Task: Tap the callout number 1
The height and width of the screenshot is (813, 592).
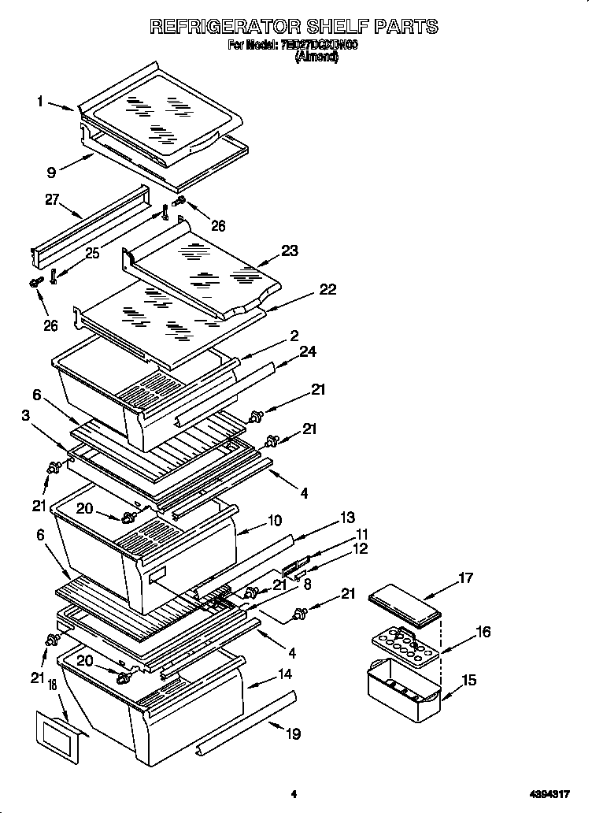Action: tap(39, 101)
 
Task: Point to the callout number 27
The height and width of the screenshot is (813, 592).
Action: tap(52, 199)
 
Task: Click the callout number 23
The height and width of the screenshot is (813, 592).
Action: tap(290, 251)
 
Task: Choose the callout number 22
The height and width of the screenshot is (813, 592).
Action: tap(327, 289)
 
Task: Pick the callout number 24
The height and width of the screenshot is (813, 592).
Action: tap(308, 351)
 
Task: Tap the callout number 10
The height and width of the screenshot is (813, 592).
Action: tap(274, 520)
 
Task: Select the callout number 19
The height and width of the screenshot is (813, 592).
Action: tap(293, 734)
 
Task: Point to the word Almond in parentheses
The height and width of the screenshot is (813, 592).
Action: tap(316, 58)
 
